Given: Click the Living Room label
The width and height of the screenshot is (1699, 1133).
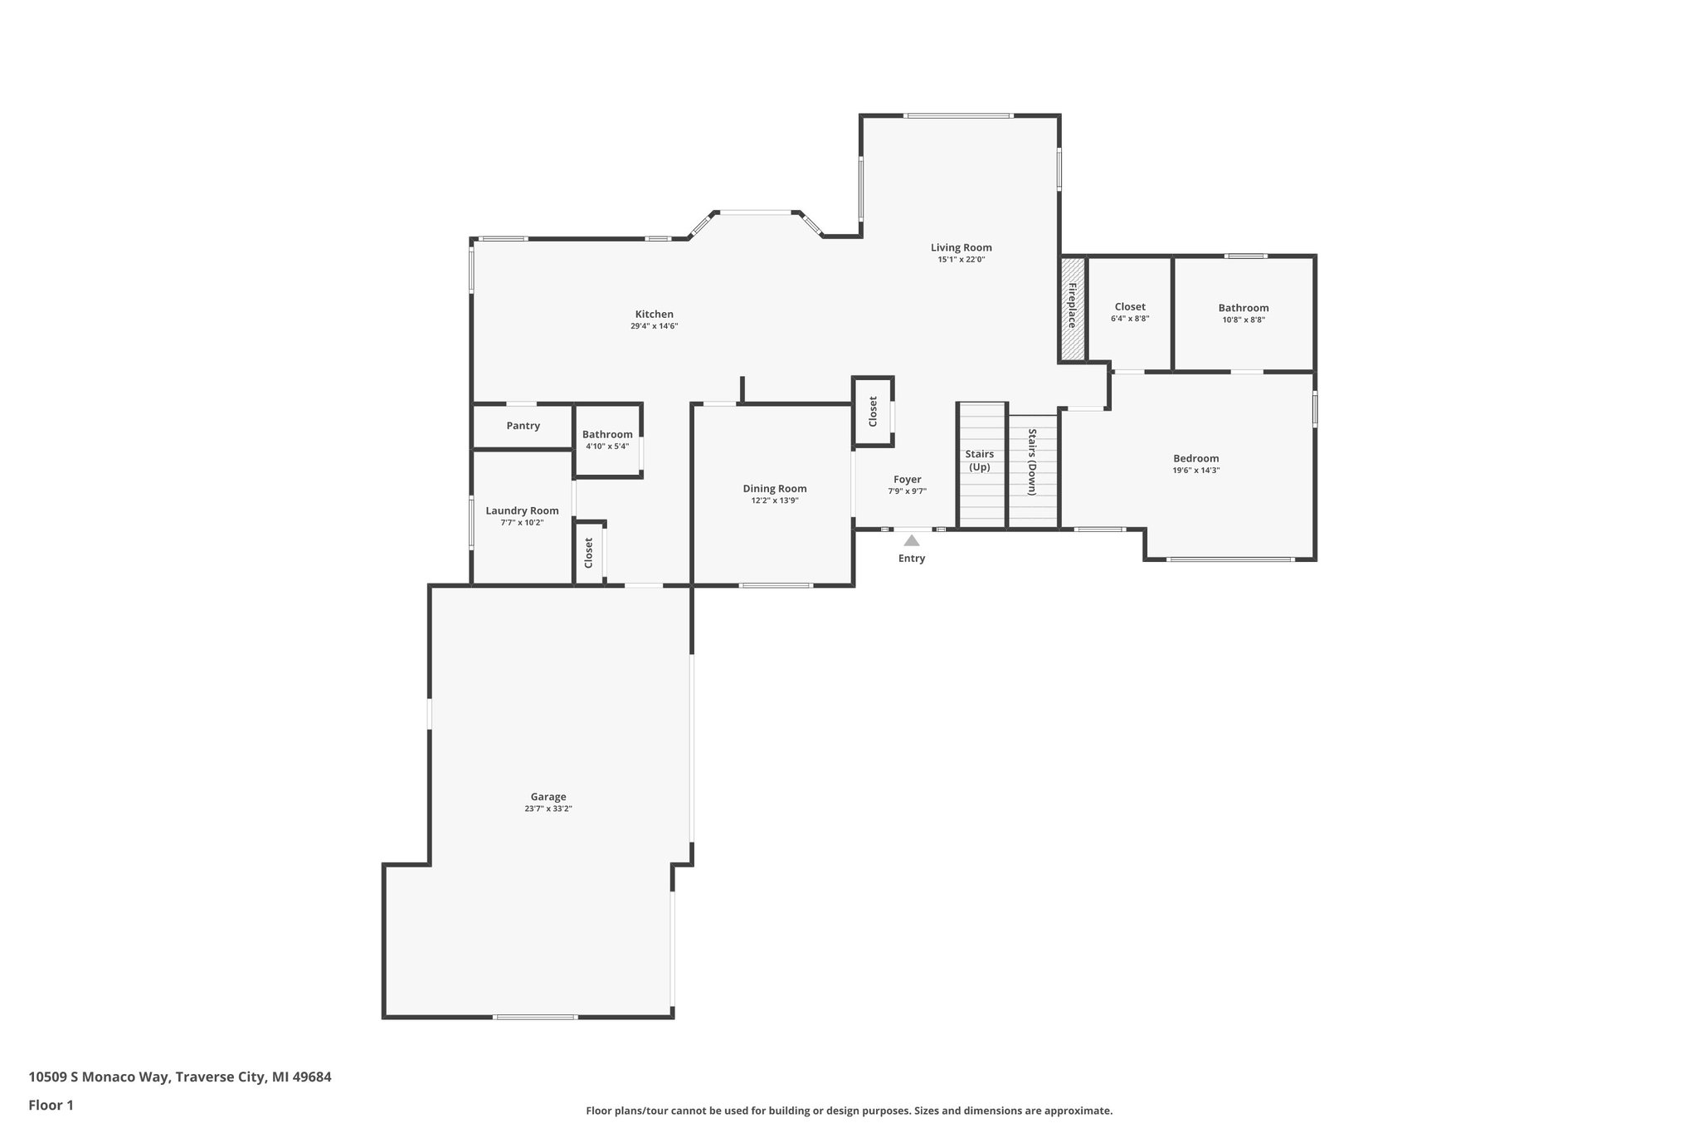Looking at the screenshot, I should [961, 247].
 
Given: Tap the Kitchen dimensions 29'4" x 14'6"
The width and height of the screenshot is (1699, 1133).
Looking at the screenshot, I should [654, 326].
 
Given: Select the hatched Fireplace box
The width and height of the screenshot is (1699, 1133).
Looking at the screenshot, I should [1072, 309].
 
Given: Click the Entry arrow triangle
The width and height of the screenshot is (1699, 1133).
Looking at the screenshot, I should [911, 540].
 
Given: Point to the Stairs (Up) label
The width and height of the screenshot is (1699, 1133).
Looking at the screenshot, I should [980, 461].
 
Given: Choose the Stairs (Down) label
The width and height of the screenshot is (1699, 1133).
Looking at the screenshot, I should [1033, 462].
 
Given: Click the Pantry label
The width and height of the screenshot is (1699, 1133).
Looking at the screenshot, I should [523, 426].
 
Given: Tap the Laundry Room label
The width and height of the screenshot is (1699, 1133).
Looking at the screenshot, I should [522, 510].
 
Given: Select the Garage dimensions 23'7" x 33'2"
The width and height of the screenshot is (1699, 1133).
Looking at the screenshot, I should [548, 808].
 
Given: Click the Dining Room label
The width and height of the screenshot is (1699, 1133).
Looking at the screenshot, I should [774, 489].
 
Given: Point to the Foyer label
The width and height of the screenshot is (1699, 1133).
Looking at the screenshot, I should [907, 480].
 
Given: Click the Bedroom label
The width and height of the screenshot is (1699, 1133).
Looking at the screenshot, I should [1195, 458].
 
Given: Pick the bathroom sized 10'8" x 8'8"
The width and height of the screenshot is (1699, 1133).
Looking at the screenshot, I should [1243, 313].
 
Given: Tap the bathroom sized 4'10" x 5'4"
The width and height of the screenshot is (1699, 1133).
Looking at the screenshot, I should [607, 440].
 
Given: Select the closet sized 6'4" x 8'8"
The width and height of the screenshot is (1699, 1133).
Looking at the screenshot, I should [1129, 312].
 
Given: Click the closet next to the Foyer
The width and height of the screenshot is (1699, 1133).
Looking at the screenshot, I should [873, 412].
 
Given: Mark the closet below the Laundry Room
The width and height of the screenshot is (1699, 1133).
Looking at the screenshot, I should [588, 553].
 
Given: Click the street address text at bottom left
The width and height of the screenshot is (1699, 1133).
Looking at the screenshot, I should [180, 1077].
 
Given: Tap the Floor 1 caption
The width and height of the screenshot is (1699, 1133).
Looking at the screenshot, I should [51, 1106].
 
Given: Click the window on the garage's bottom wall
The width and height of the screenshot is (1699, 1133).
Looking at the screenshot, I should [535, 1017].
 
